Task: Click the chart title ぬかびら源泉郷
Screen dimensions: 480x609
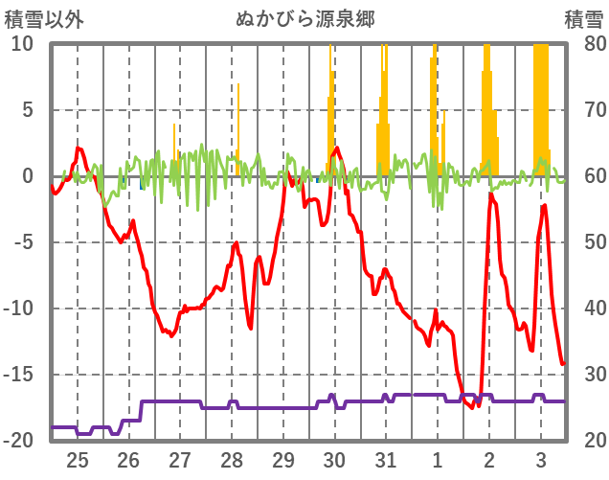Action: coord(304,18)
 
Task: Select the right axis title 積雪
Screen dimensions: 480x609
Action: coord(582,18)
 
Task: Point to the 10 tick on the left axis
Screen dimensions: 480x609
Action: coord(23,44)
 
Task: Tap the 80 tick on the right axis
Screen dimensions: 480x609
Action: coord(584,44)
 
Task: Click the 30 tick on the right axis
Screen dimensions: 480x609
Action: coord(584,375)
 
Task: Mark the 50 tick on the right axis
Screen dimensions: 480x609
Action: coord(584,242)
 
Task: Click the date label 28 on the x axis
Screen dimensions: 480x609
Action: coord(232,457)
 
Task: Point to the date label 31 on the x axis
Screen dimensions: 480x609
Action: coord(386,457)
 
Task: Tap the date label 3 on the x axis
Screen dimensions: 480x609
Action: coord(540,457)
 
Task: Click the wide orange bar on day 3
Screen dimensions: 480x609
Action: coord(541,105)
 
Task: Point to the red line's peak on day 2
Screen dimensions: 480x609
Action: coord(490,194)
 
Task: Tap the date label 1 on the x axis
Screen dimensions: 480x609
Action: coord(437,457)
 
